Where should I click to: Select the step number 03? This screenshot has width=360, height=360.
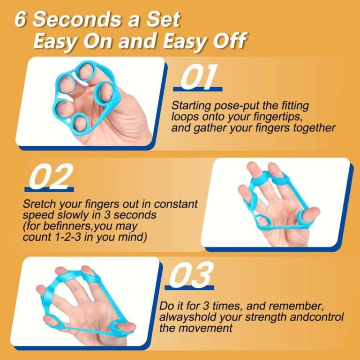(x=190, y=275)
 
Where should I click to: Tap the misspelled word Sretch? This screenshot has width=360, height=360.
(x=38, y=204)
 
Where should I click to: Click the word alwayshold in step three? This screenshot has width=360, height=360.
(x=187, y=317)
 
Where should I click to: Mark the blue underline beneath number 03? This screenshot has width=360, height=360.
(x=189, y=287)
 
